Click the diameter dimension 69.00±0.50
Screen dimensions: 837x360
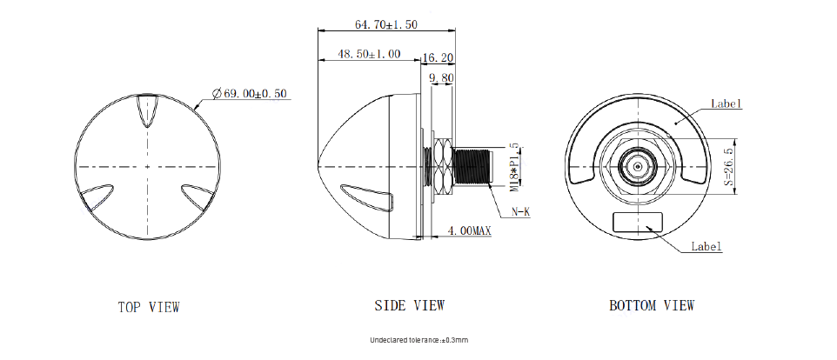(250, 94)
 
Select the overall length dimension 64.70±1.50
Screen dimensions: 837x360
(386, 24)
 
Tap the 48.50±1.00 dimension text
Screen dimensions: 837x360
(369, 55)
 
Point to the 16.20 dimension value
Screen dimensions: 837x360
(438, 57)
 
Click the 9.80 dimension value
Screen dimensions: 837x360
(441, 78)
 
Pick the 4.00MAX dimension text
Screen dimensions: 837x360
(469, 231)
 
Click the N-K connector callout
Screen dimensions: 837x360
(520, 211)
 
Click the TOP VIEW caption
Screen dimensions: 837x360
(149, 307)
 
